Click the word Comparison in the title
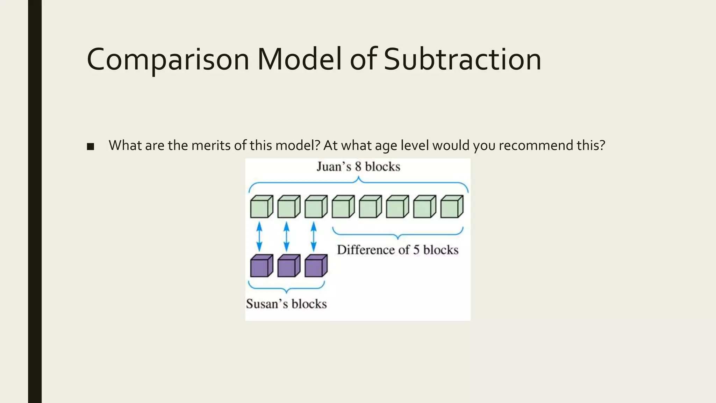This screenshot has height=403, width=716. pos(167,59)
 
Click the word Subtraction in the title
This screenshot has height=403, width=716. pos(462,59)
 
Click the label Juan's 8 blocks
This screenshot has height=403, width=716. pos(358,167)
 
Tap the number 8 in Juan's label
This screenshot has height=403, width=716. pos(358,167)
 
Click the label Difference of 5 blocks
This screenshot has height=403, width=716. pos(398,250)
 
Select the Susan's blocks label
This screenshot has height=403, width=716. pos(286,304)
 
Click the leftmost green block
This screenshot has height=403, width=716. pos(261,207)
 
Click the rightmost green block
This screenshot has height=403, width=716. pos(451,207)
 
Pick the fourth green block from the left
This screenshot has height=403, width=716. pos(342,207)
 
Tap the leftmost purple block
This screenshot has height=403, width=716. pos(261,266)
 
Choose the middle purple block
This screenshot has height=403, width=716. pos(288,266)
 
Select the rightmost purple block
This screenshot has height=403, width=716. pos(315,266)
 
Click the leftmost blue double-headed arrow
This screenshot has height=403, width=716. pos(259,237)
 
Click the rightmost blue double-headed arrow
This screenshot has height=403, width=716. pos(314,237)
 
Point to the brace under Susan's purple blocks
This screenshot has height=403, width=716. pos(286,287)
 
